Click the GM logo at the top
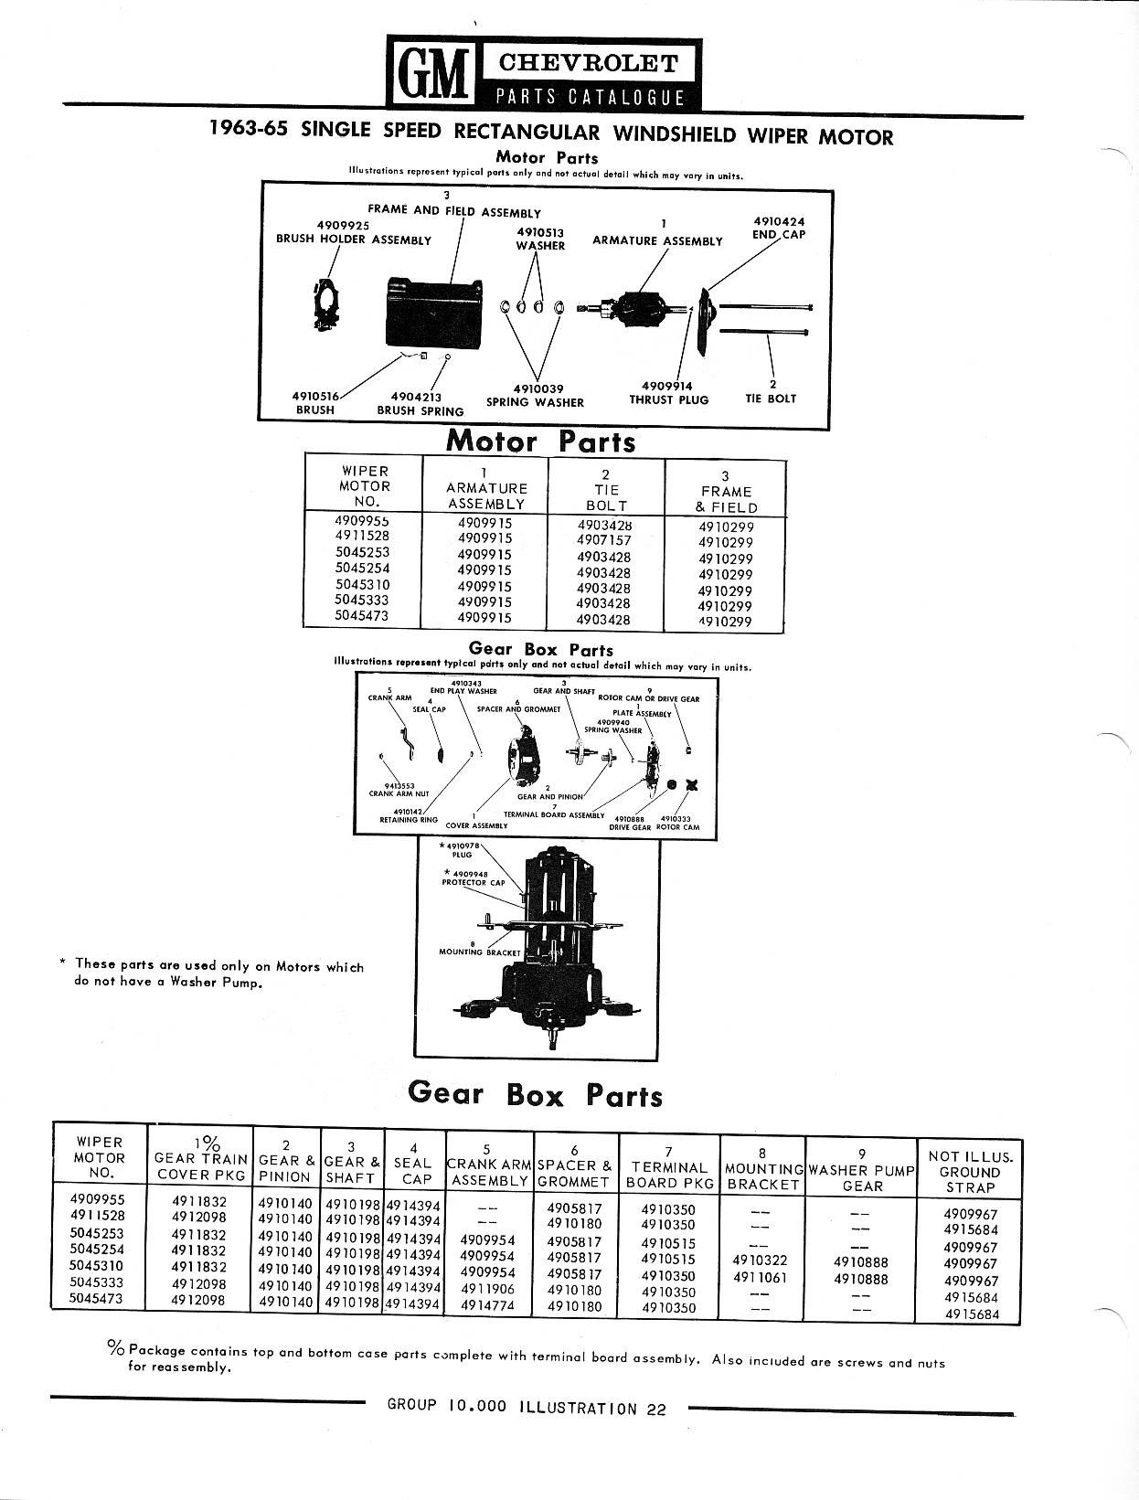pyautogui.click(x=428, y=70)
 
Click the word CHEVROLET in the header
pyautogui.click(x=588, y=63)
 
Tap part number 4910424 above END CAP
pyautogui.click(x=779, y=221)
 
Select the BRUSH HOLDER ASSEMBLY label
pyautogui.click(x=354, y=239)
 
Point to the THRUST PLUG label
pyautogui.click(x=668, y=399)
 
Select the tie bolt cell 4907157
pyautogui.click(x=603, y=540)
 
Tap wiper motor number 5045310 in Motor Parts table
pyautogui.click(x=362, y=585)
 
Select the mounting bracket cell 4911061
pyautogui.click(x=760, y=1278)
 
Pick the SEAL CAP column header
pyautogui.click(x=412, y=1164)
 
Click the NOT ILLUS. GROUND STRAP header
pyautogui.click(x=970, y=1171)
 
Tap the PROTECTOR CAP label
pyautogui.click(x=473, y=883)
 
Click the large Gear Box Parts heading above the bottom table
pyautogui.click(x=535, y=1093)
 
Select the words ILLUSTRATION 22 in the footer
pyautogui.click(x=591, y=1408)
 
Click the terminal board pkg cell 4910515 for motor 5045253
pyautogui.click(x=667, y=1243)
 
